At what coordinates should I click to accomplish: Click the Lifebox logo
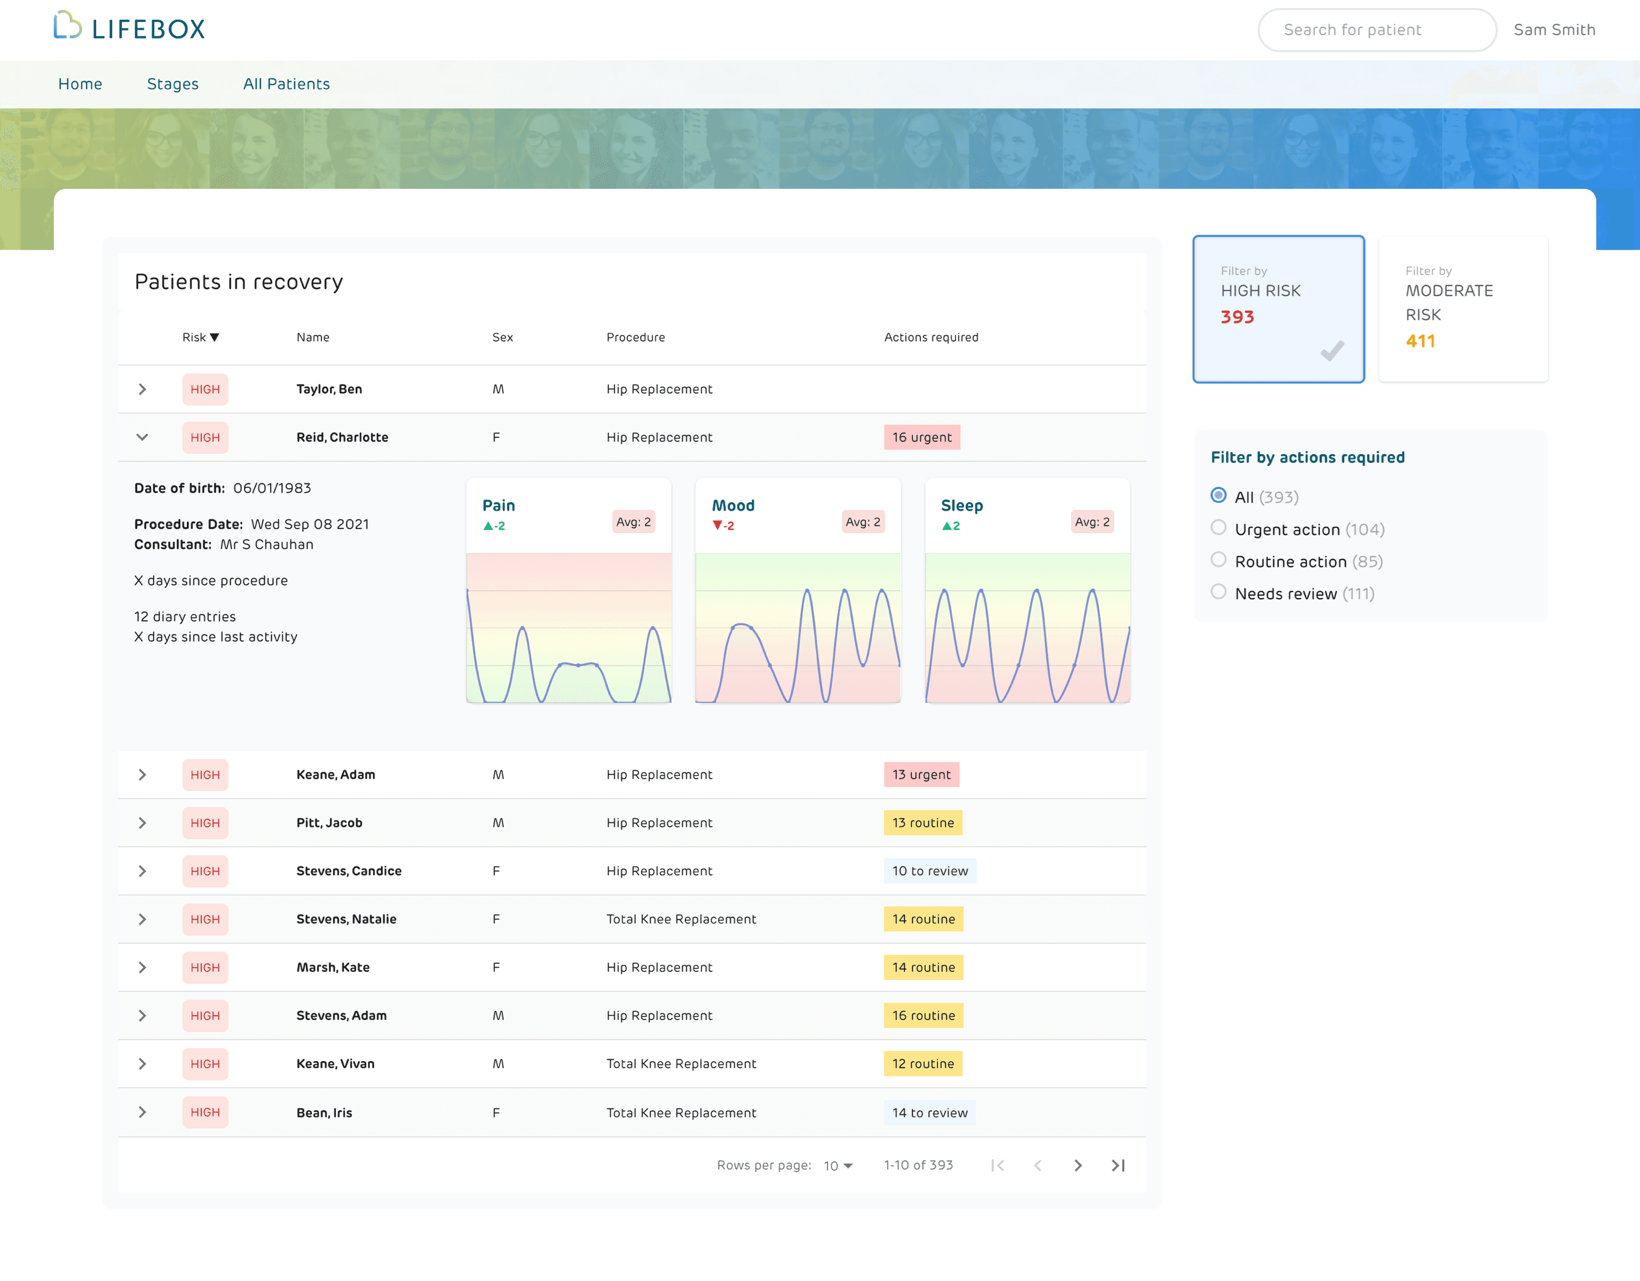click(x=129, y=28)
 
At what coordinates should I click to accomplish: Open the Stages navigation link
click(x=173, y=84)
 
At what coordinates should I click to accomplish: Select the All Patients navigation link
click(x=286, y=84)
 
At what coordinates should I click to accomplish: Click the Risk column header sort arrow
click(x=215, y=338)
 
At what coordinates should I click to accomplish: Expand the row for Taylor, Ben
click(x=142, y=389)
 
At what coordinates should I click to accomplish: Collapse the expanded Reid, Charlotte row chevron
click(x=142, y=437)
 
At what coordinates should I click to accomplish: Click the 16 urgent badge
click(x=921, y=437)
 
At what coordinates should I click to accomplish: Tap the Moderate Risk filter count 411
click(x=1420, y=342)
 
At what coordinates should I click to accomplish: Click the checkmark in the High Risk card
click(x=1331, y=351)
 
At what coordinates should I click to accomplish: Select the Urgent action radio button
click(x=1218, y=528)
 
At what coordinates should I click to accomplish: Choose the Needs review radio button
click(x=1218, y=592)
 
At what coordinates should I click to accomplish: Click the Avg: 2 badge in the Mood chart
click(x=863, y=522)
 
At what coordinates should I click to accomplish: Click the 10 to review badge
click(x=929, y=871)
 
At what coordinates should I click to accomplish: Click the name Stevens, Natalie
click(x=346, y=919)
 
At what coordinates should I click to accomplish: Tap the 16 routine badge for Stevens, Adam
click(x=923, y=1015)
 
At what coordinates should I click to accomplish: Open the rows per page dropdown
click(x=838, y=1165)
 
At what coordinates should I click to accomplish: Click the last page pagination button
click(x=1117, y=1165)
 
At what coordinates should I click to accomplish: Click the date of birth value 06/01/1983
click(x=272, y=488)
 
